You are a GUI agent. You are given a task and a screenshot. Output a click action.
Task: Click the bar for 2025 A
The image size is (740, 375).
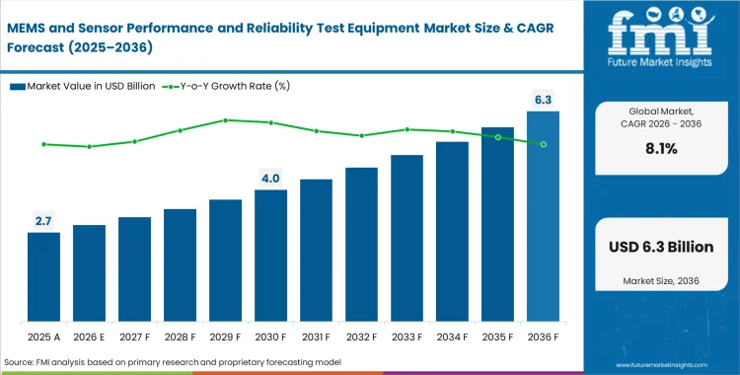pyautogui.click(x=43, y=278)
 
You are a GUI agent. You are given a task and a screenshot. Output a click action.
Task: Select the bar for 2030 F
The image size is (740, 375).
pyautogui.click(x=270, y=257)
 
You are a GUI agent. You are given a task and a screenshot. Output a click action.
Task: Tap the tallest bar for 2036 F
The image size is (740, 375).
pyautogui.click(x=543, y=217)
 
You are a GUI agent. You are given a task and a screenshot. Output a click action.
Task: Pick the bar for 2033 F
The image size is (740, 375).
pyautogui.click(x=407, y=239)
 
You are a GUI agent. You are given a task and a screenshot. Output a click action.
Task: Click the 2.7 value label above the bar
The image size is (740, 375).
pyautogui.click(x=43, y=221)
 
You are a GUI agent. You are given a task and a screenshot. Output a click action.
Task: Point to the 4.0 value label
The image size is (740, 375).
pyautogui.click(x=270, y=178)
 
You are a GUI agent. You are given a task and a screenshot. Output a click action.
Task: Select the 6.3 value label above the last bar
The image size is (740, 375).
pyautogui.click(x=543, y=99)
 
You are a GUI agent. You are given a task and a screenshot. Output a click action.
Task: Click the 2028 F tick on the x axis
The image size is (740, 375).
pyautogui.click(x=180, y=337)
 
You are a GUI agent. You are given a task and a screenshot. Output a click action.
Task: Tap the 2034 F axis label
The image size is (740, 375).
pyautogui.click(x=452, y=337)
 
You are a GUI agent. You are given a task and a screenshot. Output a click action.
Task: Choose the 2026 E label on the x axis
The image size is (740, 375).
pyautogui.click(x=89, y=337)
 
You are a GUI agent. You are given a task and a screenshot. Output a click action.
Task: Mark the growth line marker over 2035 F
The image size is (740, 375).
pyautogui.click(x=497, y=137)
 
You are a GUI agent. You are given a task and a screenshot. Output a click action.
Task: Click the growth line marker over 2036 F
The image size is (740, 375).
pyautogui.click(x=543, y=144)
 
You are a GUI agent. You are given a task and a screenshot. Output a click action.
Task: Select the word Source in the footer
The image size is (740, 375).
pyautogui.click(x=22, y=363)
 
